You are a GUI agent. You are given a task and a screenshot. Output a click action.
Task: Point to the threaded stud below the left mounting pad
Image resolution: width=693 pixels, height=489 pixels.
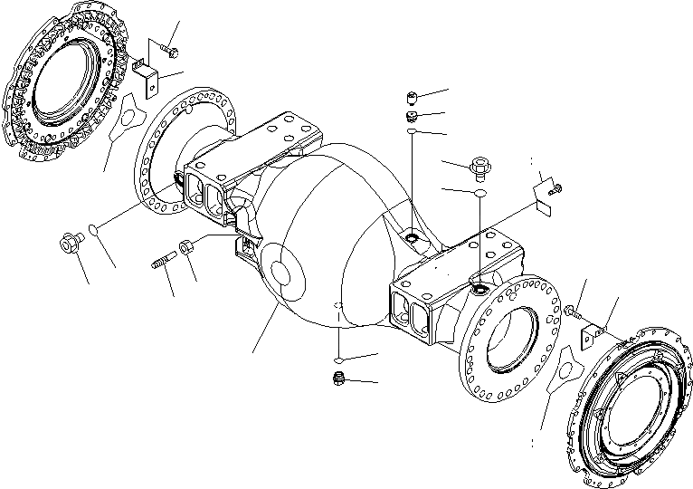159,264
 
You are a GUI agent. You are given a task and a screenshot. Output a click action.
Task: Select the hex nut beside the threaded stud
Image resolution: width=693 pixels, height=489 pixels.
187,245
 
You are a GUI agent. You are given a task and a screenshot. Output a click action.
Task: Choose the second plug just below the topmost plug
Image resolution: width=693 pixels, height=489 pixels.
412,116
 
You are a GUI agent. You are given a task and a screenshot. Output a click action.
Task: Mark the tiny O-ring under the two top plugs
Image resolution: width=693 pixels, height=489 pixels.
412,132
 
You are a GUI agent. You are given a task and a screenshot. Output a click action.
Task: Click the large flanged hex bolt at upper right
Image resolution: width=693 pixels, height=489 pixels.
479,167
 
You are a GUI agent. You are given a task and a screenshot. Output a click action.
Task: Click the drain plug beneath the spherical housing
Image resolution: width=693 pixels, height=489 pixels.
338,379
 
